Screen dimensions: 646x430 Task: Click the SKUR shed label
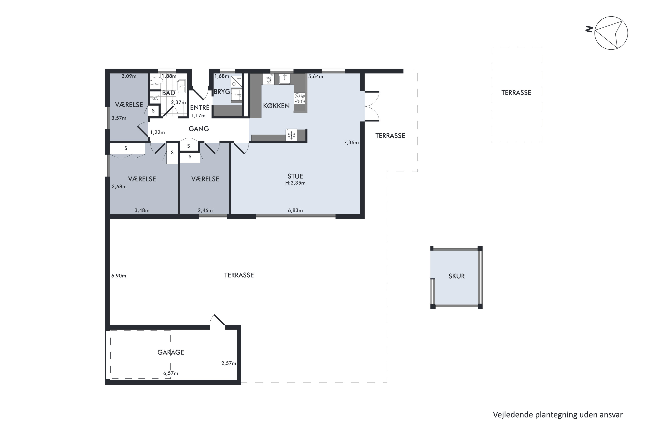pos(457,276)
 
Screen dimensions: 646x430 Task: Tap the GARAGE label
pos(171,352)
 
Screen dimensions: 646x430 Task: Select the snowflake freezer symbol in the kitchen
pos(291,135)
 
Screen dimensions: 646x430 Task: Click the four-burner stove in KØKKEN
pos(300,98)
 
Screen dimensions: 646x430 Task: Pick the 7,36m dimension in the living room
pos(351,142)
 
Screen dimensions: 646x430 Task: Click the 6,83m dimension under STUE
pos(295,210)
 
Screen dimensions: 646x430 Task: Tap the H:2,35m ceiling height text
pos(295,183)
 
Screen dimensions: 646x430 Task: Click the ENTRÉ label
pos(200,107)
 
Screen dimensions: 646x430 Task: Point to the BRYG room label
pos(222,92)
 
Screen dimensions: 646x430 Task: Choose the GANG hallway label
pos(199,129)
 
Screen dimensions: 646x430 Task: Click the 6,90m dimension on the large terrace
pos(119,276)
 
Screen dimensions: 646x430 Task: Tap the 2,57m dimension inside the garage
pos(229,363)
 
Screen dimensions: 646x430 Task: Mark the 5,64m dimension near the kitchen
pos(316,76)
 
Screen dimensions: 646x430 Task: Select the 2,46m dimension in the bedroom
pos(205,210)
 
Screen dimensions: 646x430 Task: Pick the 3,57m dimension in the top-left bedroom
pos(119,118)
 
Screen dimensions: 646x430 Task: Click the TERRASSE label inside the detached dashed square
pos(516,93)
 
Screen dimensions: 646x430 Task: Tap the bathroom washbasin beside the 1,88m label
pos(182,86)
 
